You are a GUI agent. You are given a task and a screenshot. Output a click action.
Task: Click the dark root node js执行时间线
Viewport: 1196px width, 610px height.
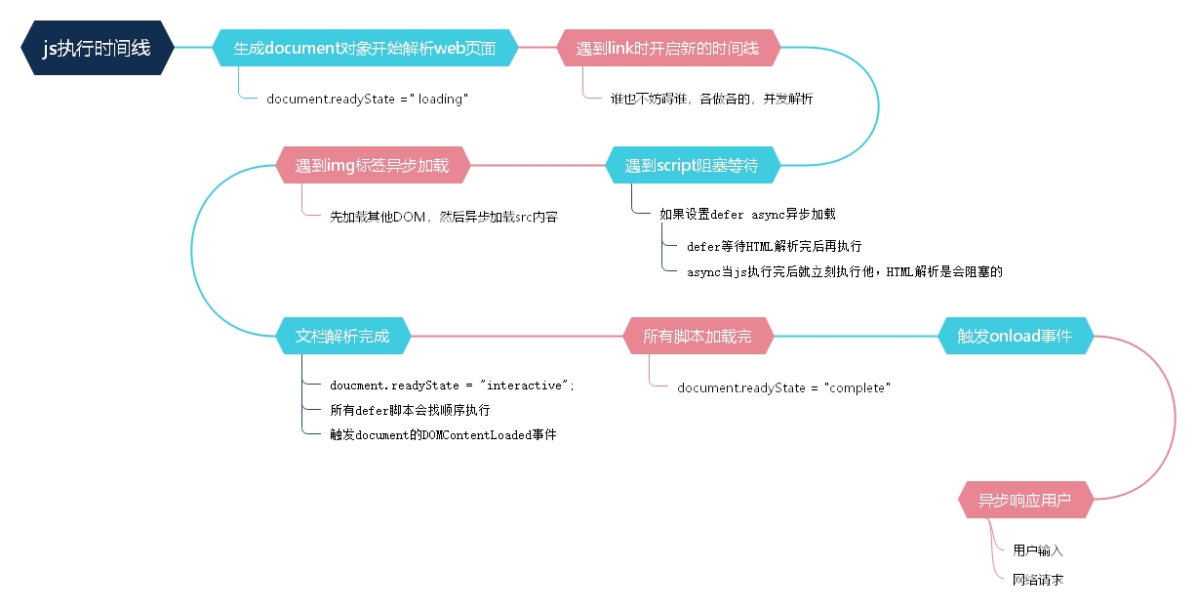(97, 48)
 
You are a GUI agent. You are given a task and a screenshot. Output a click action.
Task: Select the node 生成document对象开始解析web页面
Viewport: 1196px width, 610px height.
(365, 48)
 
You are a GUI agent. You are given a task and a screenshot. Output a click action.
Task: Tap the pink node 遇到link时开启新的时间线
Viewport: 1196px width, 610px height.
(667, 48)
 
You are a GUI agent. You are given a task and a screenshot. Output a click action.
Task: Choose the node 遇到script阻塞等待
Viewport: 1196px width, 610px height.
(692, 165)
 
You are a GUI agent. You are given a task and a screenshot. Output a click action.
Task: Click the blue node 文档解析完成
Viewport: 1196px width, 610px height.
(342, 337)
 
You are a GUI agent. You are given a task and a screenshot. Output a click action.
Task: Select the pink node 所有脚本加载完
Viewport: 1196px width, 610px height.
(698, 337)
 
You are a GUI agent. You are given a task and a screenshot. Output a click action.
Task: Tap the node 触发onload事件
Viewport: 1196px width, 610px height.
(1015, 337)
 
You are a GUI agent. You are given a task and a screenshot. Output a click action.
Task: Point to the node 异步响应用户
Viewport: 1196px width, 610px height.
(1024, 501)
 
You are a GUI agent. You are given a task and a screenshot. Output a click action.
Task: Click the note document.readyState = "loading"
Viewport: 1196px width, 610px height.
(368, 99)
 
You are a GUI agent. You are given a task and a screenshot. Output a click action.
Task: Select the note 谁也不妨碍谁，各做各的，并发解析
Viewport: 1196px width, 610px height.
(711, 99)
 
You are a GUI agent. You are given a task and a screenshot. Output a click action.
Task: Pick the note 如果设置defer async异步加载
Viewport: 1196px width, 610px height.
(747, 215)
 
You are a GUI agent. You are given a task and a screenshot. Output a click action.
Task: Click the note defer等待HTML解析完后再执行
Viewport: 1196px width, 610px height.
(774, 246)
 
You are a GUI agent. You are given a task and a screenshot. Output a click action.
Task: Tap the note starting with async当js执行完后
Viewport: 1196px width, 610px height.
(844, 272)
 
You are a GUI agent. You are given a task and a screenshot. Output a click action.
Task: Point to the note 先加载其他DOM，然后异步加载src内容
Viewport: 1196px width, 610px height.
(443, 217)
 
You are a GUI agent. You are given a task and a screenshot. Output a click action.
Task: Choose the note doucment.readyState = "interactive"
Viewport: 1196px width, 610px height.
(452, 386)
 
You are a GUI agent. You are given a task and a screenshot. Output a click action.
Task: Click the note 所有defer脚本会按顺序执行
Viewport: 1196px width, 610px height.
(410, 410)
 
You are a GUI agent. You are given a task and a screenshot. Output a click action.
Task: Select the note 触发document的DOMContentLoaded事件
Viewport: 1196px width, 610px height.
(443, 434)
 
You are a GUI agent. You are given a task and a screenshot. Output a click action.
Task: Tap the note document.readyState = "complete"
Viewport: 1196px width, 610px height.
(784, 387)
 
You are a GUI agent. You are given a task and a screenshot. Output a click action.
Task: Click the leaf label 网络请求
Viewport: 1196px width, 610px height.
(1038, 580)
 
